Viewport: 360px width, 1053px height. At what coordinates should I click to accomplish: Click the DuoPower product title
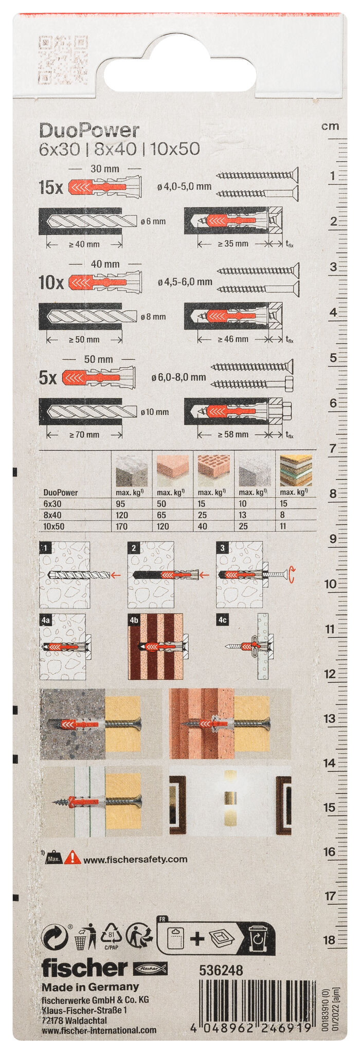pyautogui.click(x=89, y=131)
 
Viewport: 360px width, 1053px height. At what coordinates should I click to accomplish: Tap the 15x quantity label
pyautogui.click(x=50, y=188)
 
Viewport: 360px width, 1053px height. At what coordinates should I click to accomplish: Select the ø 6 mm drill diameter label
pyautogui.click(x=153, y=222)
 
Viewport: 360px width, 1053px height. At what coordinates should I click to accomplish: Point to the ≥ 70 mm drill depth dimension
pyautogui.click(x=84, y=434)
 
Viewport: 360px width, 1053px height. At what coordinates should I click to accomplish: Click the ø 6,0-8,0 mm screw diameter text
pyautogui.click(x=178, y=377)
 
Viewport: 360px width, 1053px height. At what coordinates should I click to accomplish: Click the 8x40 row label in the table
pyautogui.click(x=52, y=515)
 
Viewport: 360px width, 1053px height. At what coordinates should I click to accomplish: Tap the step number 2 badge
pyautogui.click(x=134, y=548)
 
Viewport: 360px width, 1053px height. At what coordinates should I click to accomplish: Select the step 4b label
pyautogui.click(x=135, y=620)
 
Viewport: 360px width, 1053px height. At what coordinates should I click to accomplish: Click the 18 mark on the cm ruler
pyautogui.click(x=329, y=940)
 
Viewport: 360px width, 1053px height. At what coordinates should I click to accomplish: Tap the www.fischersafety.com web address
pyautogui.click(x=135, y=859)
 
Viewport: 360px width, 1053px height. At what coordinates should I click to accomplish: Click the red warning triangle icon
pyautogui.click(x=73, y=857)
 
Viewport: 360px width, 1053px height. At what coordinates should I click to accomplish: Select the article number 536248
pyautogui.click(x=221, y=970)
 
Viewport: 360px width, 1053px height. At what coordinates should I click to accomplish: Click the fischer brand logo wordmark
pyautogui.click(x=84, y=968)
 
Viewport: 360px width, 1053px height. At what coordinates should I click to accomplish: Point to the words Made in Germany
pyautogui.click(x=90, y=987)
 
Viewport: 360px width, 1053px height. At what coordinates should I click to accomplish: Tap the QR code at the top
pyautogui.click(x=63, y=60)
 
